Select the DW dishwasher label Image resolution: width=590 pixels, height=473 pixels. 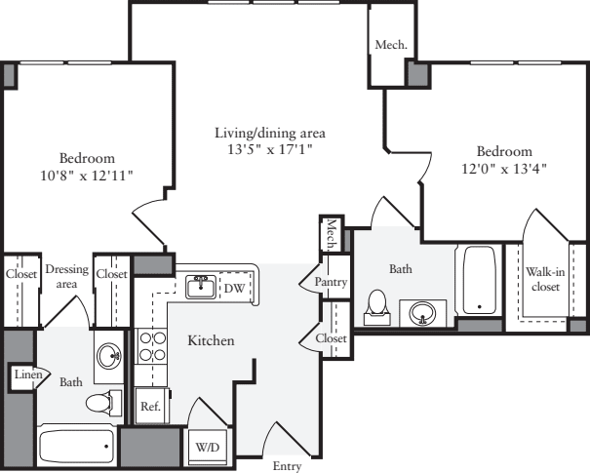pos(235,288)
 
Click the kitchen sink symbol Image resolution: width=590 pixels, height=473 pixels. pos(201,286)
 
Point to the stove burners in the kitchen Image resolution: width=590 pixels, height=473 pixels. pos(152,348)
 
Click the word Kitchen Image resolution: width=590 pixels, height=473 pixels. pos(211,340)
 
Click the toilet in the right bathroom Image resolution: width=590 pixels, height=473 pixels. pos(375,308)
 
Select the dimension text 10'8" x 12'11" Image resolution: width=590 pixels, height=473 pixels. pos(87,174)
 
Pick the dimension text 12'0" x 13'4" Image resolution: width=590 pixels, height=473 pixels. pos(504,168)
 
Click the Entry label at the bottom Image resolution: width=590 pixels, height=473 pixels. pos(287,466)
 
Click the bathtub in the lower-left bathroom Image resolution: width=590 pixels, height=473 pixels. pos(76,447)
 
